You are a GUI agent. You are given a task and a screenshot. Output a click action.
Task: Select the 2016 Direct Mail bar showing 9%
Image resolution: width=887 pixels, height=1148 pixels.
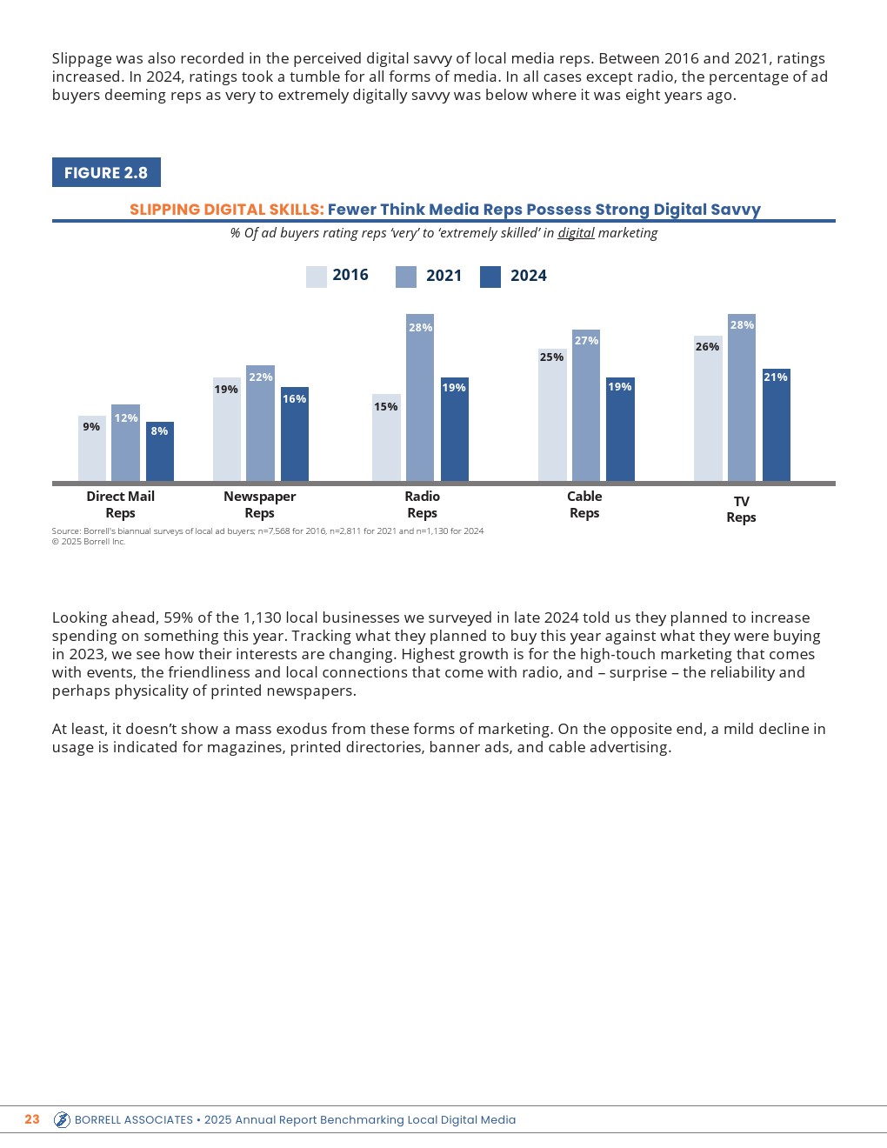click(92, 449)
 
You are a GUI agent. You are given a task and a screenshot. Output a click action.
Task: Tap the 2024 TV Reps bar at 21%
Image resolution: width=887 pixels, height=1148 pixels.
click(776, 425)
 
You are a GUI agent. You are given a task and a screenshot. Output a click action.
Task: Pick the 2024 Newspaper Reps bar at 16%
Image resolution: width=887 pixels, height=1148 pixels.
click(295, 434)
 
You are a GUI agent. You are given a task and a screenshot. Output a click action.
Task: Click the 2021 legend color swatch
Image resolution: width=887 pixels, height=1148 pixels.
click(406, 277)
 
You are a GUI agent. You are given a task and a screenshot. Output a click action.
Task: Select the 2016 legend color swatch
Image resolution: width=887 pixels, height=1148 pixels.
click(317, 277)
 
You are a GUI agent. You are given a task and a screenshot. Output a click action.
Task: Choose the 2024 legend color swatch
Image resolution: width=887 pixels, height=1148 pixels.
click(490, 277)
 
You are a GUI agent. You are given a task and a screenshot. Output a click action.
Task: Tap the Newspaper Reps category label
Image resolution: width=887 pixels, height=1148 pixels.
click(259, 504)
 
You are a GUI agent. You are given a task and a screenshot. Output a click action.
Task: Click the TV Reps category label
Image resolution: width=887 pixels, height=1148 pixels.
click(741, 509)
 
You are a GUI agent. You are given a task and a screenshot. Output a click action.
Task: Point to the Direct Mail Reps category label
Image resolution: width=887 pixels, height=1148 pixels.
click(120, 504)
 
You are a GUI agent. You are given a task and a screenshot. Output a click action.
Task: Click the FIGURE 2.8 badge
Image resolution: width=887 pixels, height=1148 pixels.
click(106, 172)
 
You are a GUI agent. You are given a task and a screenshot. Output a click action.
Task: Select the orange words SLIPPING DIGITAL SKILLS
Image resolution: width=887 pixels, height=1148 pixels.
click(226, 210)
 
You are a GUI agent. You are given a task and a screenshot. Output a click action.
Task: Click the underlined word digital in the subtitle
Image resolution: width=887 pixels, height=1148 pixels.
click(576, 233)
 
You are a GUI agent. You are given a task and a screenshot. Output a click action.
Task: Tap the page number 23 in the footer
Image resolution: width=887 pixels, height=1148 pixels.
click(32, 1119)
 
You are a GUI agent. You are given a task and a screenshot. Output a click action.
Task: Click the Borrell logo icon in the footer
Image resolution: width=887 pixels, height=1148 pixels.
click(62, 1119)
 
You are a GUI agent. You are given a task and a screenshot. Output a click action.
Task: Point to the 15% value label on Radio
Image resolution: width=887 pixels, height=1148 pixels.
click(386, 407)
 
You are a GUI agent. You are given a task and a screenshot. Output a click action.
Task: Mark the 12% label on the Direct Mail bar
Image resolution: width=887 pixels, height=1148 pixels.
click(126, 418)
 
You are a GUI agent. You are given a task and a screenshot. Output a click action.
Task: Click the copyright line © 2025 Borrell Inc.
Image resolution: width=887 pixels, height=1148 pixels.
click(89, 541)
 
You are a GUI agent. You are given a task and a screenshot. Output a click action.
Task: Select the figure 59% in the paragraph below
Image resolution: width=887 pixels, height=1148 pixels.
click(178, 617)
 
